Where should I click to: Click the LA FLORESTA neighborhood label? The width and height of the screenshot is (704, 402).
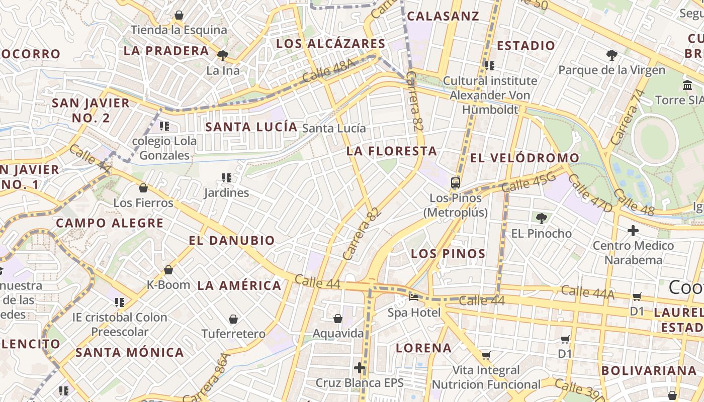click(391, 151)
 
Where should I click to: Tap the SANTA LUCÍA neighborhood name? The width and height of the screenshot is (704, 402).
click(251, 127)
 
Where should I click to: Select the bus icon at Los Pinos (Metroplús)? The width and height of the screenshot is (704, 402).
click(456, 183)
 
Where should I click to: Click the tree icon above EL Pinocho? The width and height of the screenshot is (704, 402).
click(541, 218)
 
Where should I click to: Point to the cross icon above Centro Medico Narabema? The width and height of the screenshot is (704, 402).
click(633, 231)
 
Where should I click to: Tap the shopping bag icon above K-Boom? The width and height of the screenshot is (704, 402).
click(168, 270)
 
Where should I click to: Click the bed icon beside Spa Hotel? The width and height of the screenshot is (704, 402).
click(414, 297)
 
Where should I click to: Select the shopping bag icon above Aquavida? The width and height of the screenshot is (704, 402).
click(338, 319)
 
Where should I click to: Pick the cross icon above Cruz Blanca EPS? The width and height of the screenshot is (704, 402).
click(360, 367)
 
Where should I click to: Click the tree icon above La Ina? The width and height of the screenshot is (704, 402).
click(223, 55)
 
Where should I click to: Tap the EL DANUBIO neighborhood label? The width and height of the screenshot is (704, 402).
click(232, 240)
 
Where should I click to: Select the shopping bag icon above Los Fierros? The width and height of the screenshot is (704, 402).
click(143, 188)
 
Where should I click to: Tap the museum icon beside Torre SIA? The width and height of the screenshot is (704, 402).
click(687, 85)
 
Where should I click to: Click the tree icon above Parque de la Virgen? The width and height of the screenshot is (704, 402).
click(611, 55)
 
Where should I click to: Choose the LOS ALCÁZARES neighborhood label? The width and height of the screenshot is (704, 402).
click(330, 44)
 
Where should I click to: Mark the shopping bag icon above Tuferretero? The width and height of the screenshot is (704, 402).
click(233, 319)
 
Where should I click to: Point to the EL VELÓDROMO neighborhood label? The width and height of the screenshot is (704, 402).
click(524, 158)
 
